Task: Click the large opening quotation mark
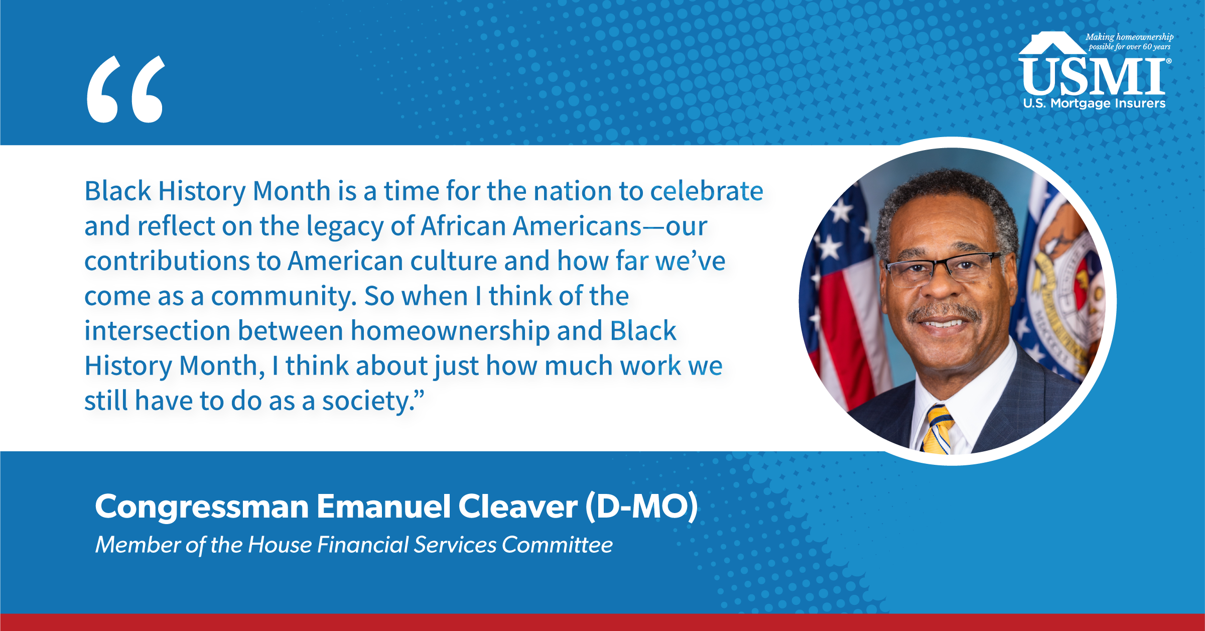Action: point(125,89)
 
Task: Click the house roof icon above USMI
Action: point(1052,43)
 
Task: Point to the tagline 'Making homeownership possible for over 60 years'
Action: point(1129,42)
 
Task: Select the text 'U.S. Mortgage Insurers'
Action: point(1094,103)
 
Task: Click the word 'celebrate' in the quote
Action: point(707,191)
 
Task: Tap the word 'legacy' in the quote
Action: point(345,227)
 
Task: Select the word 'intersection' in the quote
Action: point(157,331)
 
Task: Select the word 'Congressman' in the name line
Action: point(202,508)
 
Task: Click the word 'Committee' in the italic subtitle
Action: point(557,545)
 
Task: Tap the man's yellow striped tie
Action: point(938,429)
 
